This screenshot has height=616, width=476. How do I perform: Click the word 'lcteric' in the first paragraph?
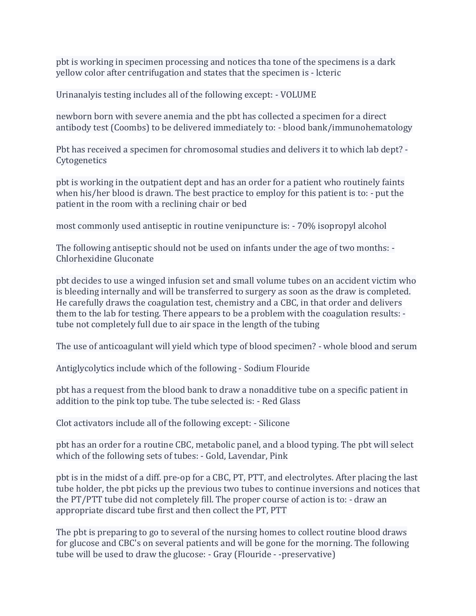[328, 73]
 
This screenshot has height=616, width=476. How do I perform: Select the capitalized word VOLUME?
[298, 95]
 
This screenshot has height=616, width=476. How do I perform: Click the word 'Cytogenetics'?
[81, 160]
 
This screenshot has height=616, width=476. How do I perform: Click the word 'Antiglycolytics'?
[85, 368]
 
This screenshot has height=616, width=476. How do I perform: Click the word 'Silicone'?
[274, 423]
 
